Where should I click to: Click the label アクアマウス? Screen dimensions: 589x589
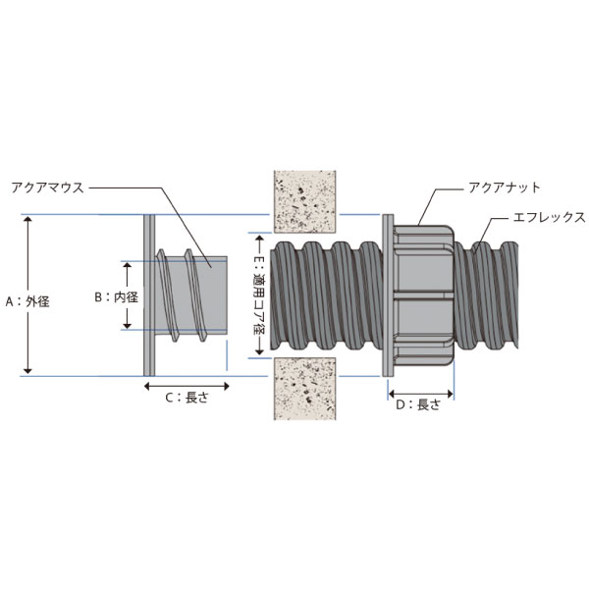[x=47, y=187]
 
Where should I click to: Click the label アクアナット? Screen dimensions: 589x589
[x=505, y=187]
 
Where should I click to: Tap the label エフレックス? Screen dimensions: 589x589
[x=549, y=217]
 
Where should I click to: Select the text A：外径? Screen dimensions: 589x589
[x=27, y=301]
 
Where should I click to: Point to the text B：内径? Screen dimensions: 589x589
[x=116, y=297]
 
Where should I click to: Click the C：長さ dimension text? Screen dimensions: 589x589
[x=187, y=398]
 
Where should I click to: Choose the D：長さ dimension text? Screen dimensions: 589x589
[x=418, y=404]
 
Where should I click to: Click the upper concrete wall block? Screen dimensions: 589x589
[x=304, y=202]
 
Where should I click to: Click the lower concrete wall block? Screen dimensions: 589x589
[x=304, y=389]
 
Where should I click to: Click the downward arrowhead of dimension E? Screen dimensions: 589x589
[x=259, y=351]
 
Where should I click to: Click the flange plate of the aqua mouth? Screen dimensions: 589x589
[x=149, y=295]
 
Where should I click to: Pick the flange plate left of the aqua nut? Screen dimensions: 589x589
[x=388, y=295]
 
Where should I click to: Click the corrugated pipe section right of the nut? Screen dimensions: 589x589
[x=486, y=295]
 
